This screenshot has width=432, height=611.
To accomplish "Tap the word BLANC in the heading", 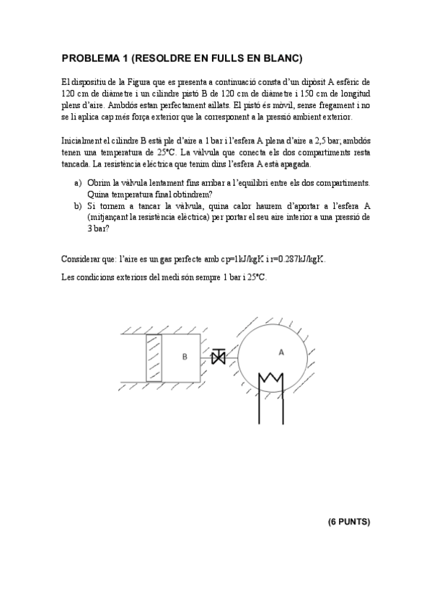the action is point(283,58).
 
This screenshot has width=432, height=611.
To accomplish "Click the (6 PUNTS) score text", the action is point(348,521).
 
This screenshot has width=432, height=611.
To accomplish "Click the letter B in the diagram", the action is point(185,356).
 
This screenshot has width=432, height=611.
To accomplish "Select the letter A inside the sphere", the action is point(281,351).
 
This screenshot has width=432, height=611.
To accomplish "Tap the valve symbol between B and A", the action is point(218,356).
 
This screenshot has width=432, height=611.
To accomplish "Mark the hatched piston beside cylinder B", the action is point(154,358).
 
